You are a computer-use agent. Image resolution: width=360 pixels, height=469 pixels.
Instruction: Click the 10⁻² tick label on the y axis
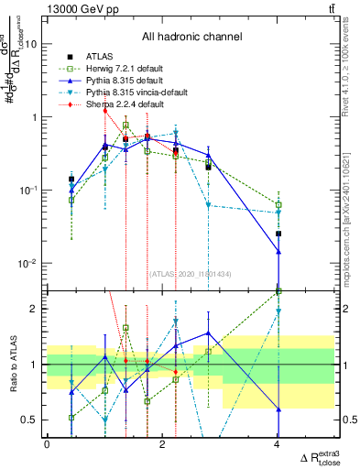tap(27, 264)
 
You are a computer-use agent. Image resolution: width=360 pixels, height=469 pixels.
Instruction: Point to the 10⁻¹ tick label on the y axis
tap(27, 191)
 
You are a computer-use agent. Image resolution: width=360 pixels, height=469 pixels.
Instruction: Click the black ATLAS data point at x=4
tap(278, 234)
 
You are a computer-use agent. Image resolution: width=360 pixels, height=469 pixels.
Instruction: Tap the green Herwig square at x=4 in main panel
tap(278, 205)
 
